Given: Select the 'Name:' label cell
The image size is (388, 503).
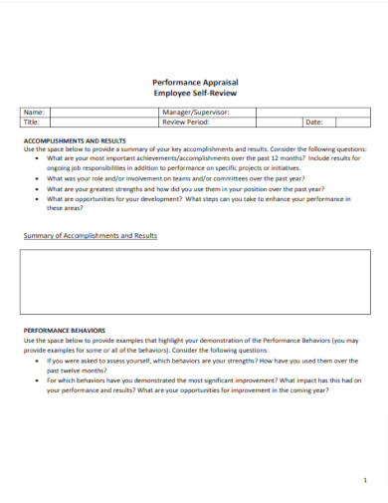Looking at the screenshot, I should pos(34,113).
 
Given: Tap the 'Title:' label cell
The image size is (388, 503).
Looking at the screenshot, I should pos(33,123).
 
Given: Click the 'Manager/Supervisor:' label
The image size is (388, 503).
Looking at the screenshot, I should pos(195,113).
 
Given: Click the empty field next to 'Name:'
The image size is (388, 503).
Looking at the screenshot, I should pos(99,113).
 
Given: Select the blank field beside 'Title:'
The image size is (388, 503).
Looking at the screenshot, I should pos(99,123).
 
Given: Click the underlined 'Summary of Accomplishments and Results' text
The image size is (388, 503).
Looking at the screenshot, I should pos(90,236).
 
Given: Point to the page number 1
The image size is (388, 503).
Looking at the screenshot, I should pos(365,478).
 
